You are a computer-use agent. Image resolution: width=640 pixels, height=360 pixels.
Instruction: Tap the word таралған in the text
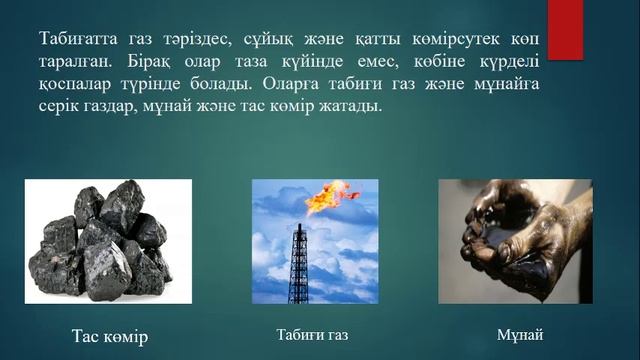tap(65, 63)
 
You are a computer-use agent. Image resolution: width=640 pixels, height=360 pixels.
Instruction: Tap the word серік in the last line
tap(54, 107)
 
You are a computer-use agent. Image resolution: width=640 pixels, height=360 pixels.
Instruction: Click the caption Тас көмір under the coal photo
tap(110, 336)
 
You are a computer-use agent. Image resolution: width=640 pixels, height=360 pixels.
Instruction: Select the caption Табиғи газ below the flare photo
tap(312, 333)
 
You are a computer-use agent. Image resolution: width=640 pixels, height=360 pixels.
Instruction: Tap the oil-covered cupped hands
tap(510, 245)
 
